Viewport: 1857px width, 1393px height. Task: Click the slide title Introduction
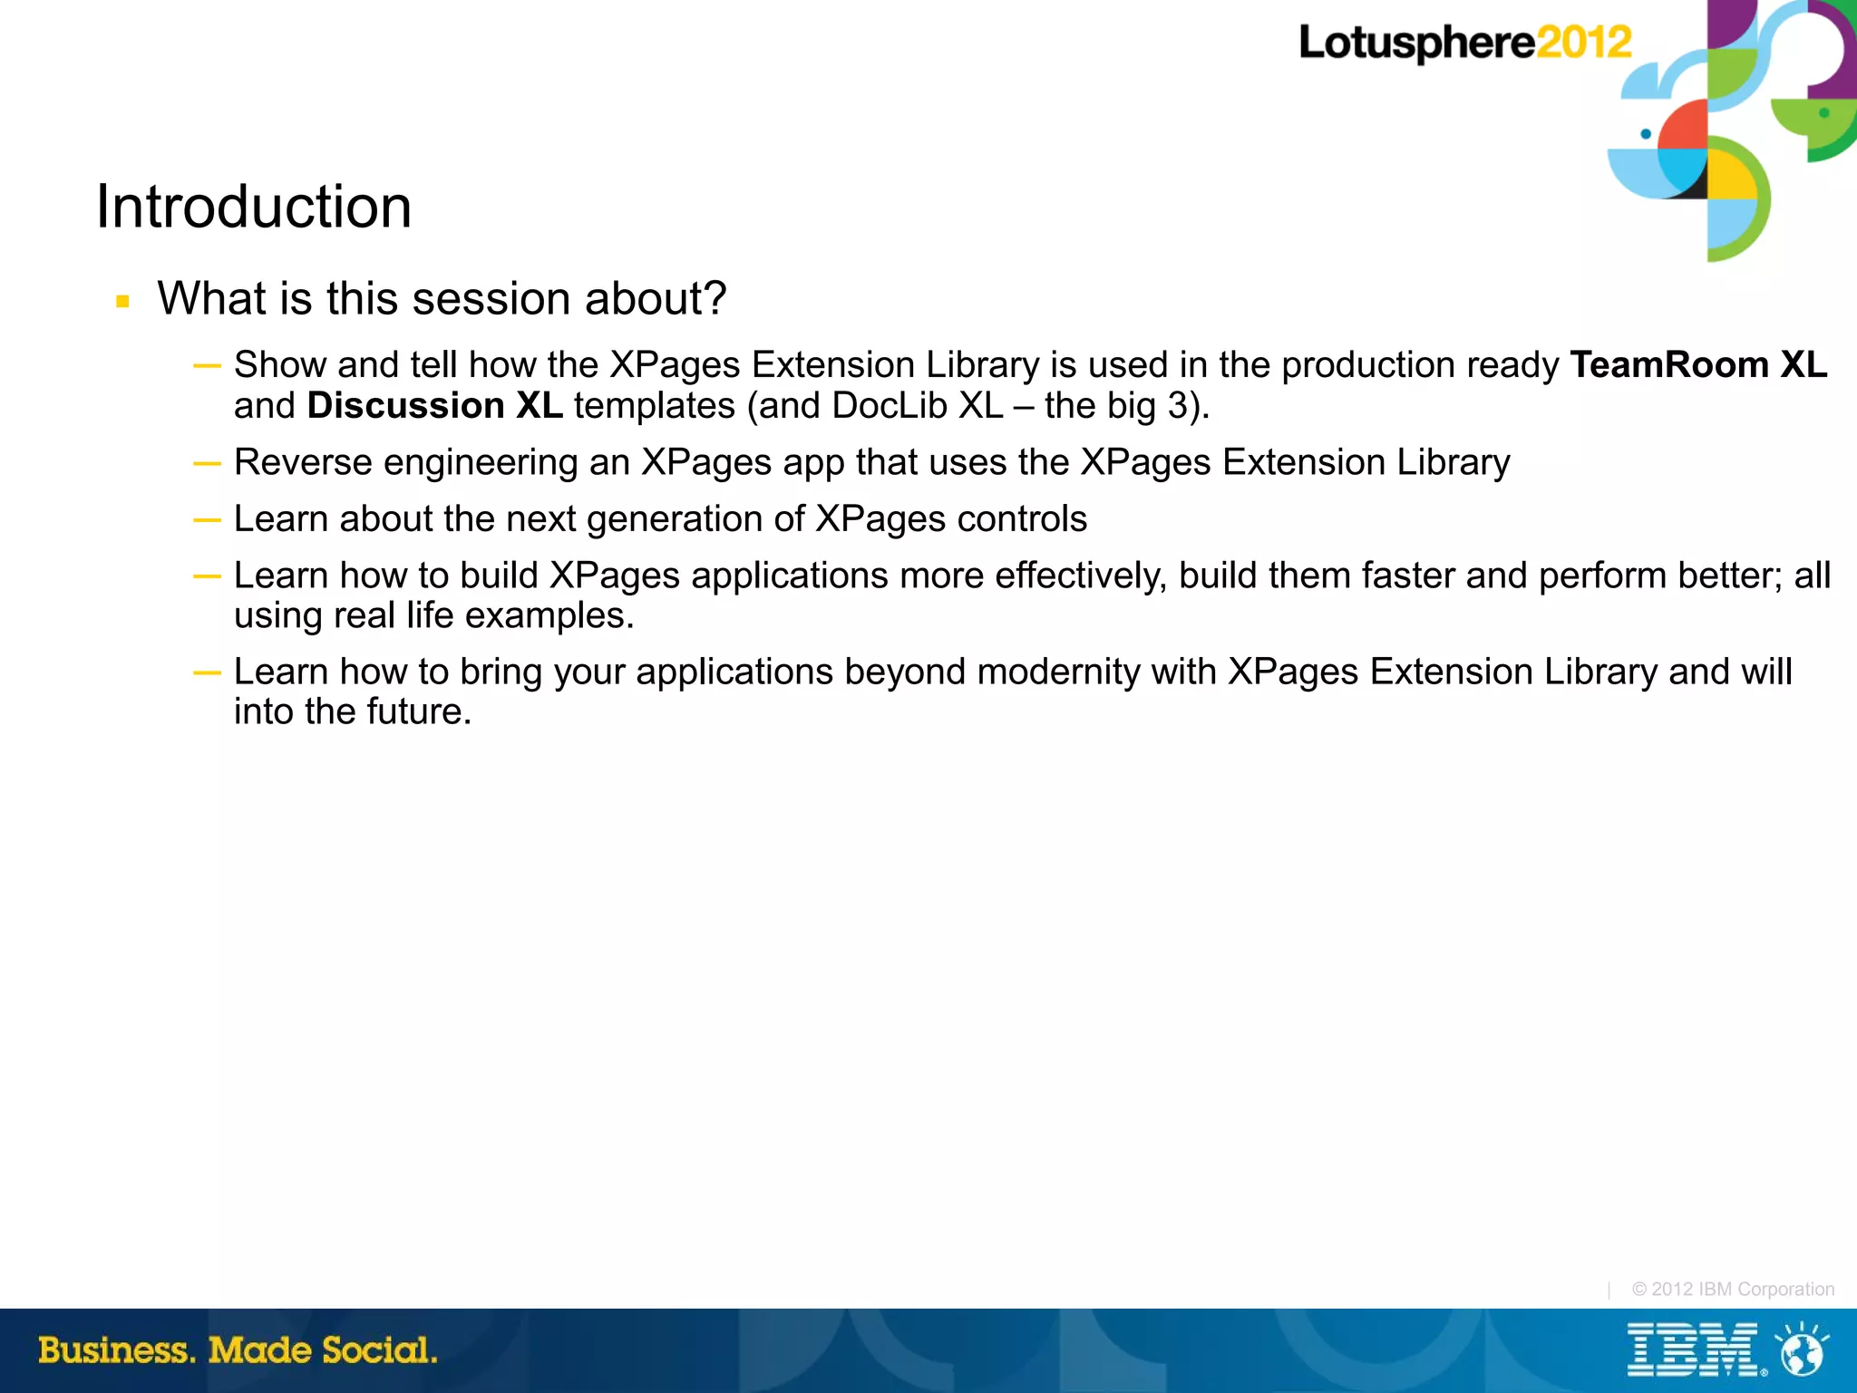point(254,207)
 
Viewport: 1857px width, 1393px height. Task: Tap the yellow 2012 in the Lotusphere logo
point(1584,43)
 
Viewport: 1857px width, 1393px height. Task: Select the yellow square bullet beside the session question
point(123,301)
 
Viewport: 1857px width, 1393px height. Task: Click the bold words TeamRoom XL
point(1698,364)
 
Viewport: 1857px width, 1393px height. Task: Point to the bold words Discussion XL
point(434,405)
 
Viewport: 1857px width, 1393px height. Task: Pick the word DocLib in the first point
point(890,405)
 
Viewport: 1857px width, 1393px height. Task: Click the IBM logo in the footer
point(1692,1350)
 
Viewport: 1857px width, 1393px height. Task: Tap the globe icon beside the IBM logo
point(1801,1351)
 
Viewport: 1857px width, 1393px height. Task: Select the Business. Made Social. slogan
point(238,1350)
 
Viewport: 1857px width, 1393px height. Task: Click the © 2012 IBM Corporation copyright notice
point(1733,1289)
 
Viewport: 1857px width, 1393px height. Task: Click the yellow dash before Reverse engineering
point(207,463)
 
